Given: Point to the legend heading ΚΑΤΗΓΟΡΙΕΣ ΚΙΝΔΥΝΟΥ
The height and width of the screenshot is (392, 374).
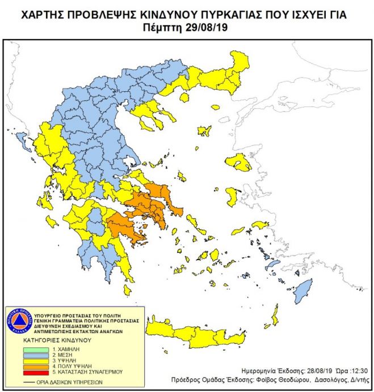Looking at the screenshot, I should pos(51,342).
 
